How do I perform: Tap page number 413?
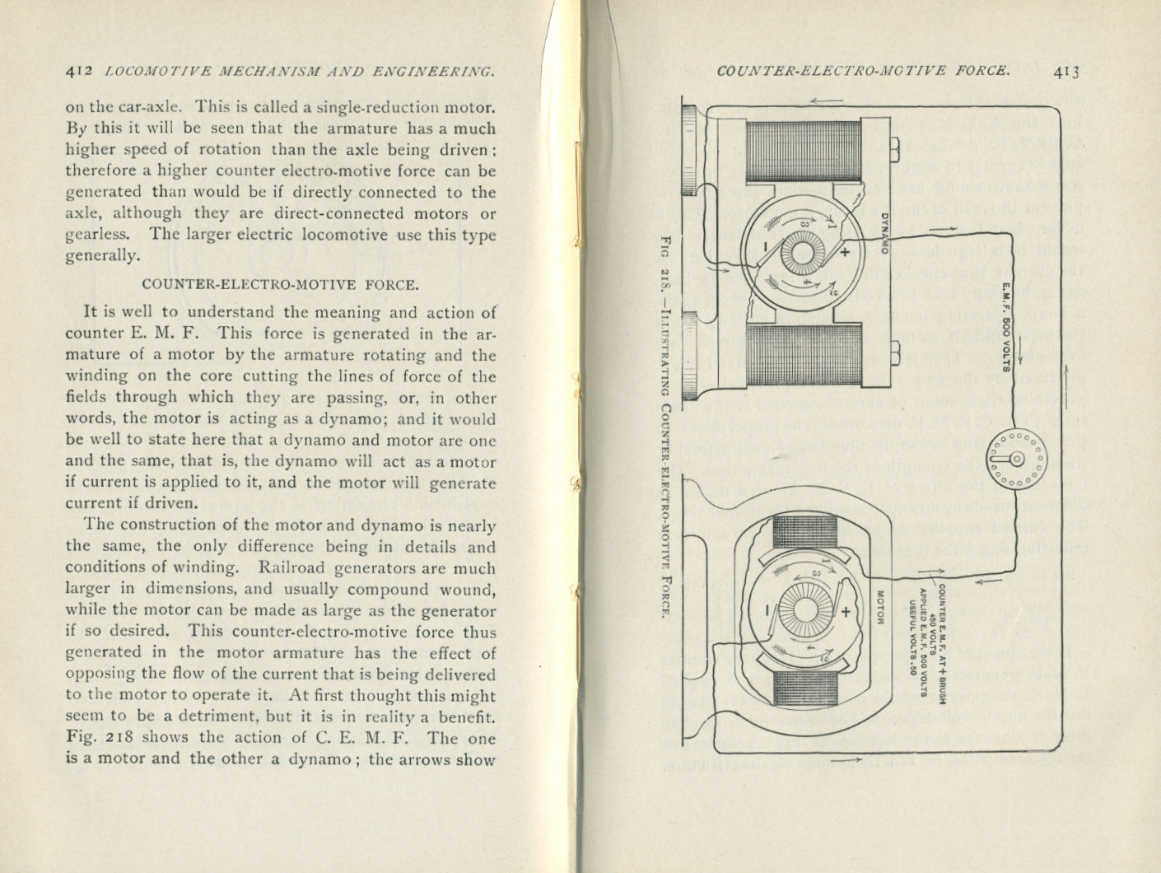pos(1065,72)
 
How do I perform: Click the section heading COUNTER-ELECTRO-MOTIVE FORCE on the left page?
pos(280,285)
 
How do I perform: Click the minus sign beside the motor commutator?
pos(766,610)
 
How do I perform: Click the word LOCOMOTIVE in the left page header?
pos(154,72)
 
